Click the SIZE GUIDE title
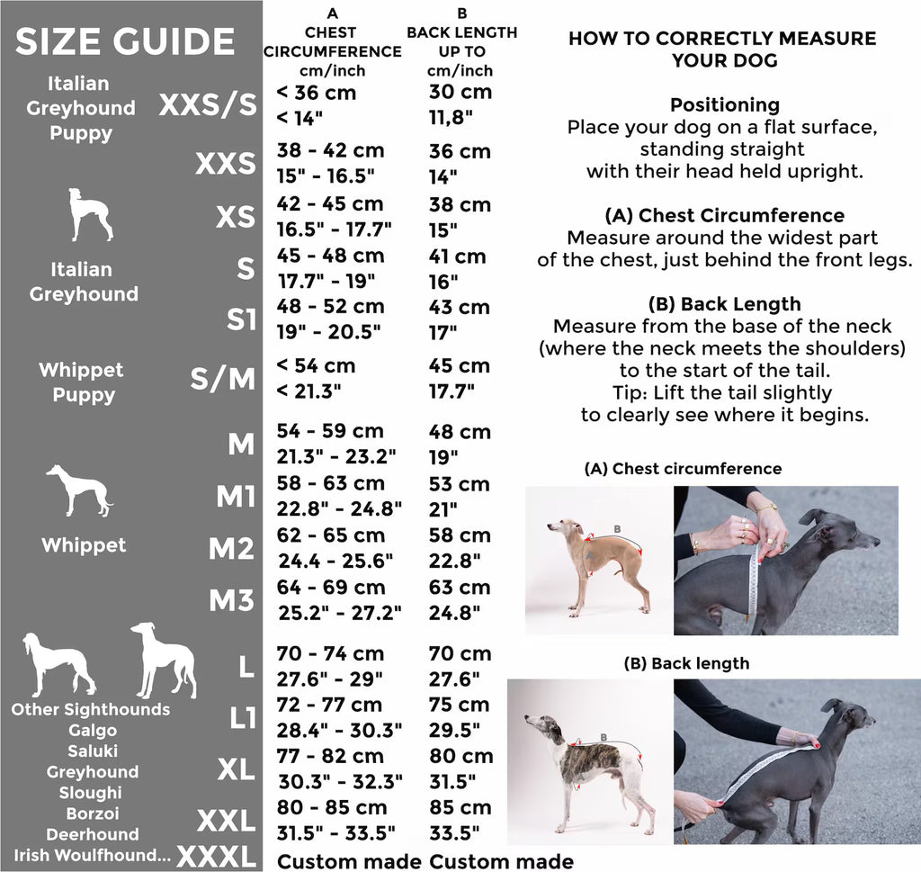tap(125, 41)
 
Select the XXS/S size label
tap(208, 105)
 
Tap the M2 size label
tap(231, 549)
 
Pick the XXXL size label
tap(217, 856)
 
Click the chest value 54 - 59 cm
tap(330, 431)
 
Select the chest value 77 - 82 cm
tap(331, 756)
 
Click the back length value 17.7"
tap(452, 391)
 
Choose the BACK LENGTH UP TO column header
tap(461, 41)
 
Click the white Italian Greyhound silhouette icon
tap(90, 214)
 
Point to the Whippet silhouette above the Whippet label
tap(80, 490)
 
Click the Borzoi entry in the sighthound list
tap(93, 814)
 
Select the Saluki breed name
tap(93, 751)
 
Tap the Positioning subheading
tap(725, 104)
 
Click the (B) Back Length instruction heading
tap(725, 304)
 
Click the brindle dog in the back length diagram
tap(587, 764)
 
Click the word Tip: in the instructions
tap(630, 392)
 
